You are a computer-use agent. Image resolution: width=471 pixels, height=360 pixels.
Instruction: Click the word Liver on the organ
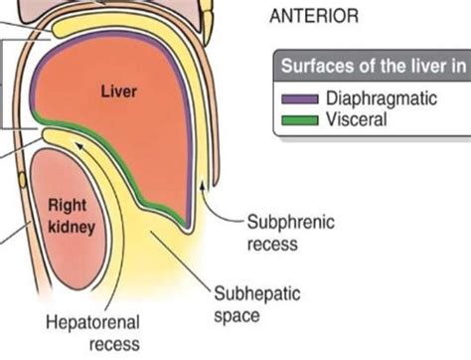[119, 91]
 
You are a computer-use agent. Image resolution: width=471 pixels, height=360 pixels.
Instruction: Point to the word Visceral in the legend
[354, 119]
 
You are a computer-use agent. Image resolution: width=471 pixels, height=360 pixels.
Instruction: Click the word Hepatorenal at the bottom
[92, 324]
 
